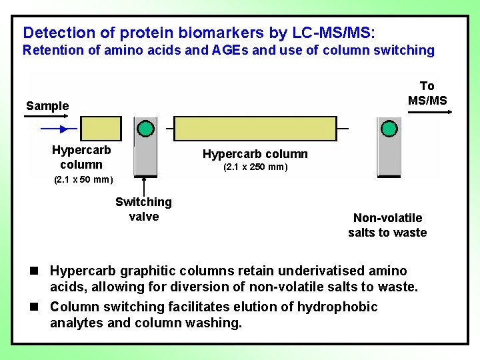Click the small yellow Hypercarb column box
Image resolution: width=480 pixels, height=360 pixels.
(x=101, y=128)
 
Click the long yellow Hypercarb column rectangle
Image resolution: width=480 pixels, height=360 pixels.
(x=255, y=128)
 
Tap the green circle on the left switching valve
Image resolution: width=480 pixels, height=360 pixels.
(x=145, y=128)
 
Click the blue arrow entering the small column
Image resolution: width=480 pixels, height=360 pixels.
(x=59, y=129)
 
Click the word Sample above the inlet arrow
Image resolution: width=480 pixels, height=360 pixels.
(x=47, y=105)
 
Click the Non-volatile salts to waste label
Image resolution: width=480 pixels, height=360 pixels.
(x=387, y=225)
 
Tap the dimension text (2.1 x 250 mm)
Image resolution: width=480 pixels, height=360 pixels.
(x=255, y=167)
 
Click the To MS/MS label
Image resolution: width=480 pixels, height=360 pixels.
(x=427, y=93)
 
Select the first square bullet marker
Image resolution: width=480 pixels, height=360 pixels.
(x=33, y=271)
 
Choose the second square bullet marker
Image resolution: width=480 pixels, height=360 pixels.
(x=33, y=307)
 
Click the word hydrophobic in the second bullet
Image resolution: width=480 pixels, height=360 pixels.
(x=337, y=307)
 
